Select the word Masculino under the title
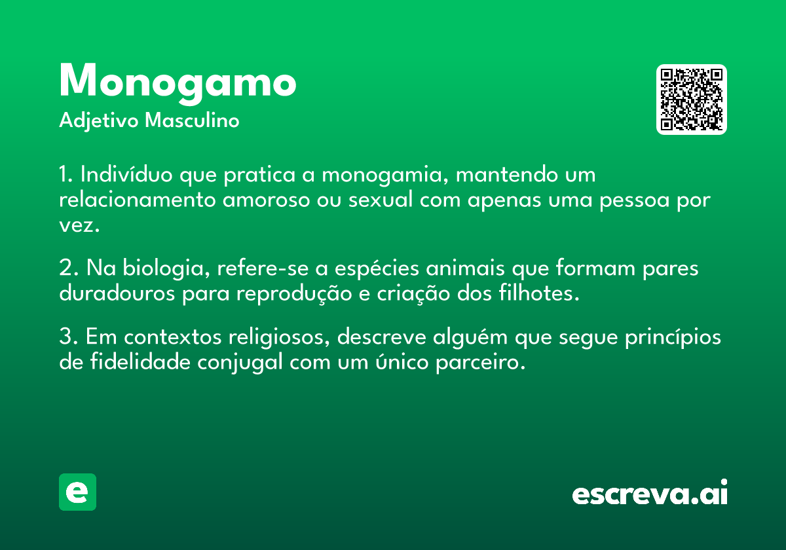coord(192,120)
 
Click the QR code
coord(691,100)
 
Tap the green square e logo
coord(77,492)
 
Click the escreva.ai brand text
coord(650,492)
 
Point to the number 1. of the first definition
coord(66,174)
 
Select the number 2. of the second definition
coord(69,268)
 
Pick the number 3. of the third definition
coord(69,336)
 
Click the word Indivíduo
coord(126,174)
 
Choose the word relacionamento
coord(137,199)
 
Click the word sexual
coord(381,199)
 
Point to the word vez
coord(79,225)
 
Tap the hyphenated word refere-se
coord(263,267)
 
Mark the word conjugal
coord(240,363)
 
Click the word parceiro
coord(481,363)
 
